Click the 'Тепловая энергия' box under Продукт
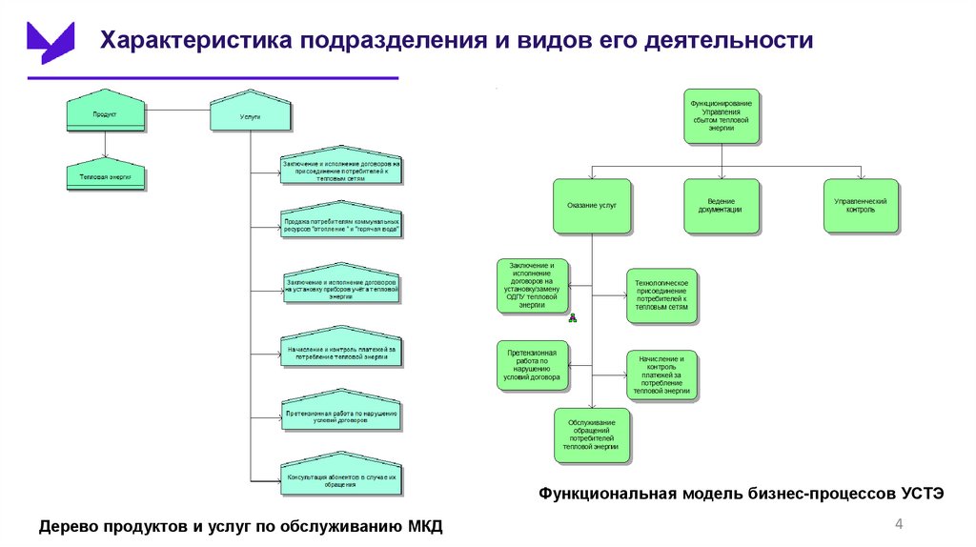[105, 176]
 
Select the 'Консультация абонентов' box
[342, 479]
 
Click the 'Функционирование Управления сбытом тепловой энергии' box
[722, 116]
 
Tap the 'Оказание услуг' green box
[592, 206]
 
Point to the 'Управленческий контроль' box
[861, 206]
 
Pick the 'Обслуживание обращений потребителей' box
[591, 435]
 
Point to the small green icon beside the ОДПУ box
[573, 318]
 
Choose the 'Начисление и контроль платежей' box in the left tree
[342, 354]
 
